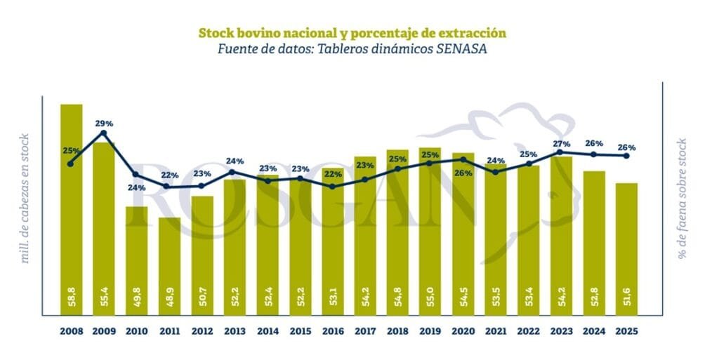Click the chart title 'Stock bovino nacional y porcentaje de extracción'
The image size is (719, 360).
[352, 33]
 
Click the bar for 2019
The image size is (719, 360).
[430, 232]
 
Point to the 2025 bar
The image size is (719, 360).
[626, 249]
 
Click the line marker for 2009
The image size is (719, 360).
[104, 133]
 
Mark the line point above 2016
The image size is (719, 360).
[332, 187]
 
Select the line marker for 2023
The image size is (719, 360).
[561, 152]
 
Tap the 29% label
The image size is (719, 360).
[104, 124]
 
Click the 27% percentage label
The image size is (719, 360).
[562, 142]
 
